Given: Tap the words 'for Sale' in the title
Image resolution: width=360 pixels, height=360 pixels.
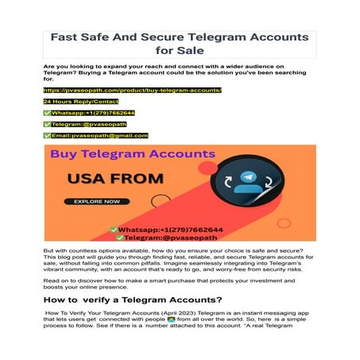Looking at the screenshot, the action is pos(180,52).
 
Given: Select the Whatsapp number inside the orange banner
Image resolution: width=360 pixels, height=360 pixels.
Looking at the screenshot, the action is pos(178,229).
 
